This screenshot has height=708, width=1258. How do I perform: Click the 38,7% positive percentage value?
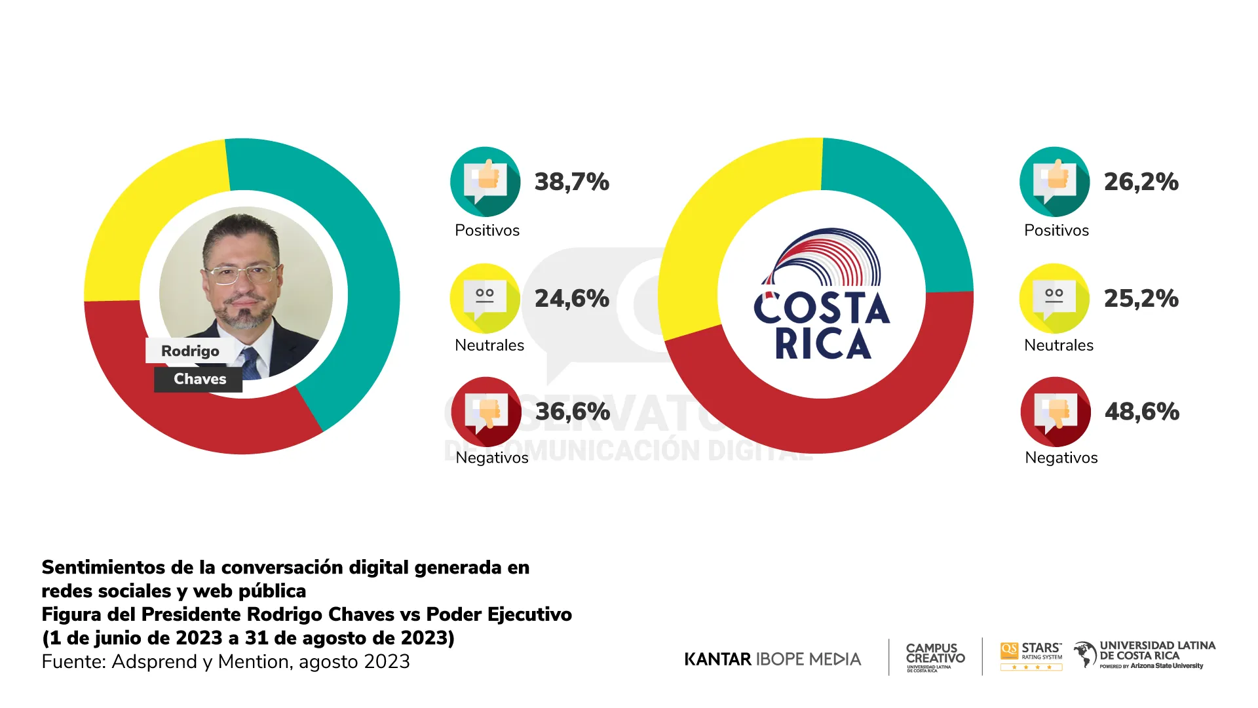571,182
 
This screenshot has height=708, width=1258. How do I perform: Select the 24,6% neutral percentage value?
571,298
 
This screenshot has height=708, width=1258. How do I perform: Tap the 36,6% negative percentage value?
572,412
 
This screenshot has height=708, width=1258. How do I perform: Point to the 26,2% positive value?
1141,182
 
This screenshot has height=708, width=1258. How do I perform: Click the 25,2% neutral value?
1141,298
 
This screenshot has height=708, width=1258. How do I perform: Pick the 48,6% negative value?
1141,412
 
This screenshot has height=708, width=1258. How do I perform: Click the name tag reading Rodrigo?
190,351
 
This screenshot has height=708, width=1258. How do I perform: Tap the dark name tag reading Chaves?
199,379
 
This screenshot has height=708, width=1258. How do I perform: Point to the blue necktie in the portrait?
250,363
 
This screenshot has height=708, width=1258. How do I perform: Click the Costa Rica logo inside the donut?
822,295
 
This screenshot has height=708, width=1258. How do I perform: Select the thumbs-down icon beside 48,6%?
1055,412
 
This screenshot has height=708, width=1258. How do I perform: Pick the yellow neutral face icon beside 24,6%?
485,298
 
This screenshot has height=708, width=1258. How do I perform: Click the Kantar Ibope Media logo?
772,659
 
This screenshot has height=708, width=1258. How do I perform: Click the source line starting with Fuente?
225,661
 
